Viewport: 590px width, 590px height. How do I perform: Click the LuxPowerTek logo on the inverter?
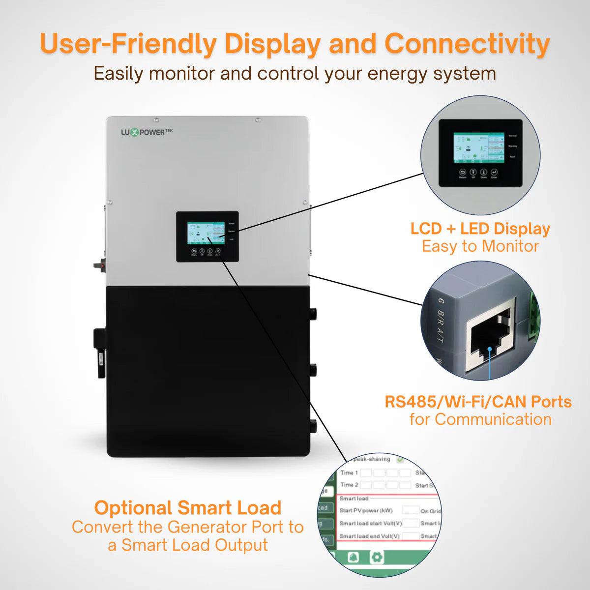pyautogui.click(x=147, y=132)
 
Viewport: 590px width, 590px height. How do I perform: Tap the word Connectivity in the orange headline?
pyautogui.click(x=467, y=44)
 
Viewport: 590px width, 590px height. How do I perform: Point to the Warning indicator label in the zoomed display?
pyautogui.click(x=512, y=146)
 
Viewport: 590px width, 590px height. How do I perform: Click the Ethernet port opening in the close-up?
pyautogui.click(x=489, y=339)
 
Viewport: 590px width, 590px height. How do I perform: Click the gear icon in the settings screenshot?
pyautogui.click(x=377, y=557)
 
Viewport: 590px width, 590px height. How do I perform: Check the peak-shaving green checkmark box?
pyautogui.click(x=400, y=460)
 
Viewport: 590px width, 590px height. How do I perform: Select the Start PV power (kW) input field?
pyautogui.click(x=411, y=510)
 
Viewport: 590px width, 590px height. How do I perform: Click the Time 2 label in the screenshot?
pyautogui.click(x=349, y=485)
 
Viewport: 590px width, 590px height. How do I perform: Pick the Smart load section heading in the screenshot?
pyautogui.click(x=354, y=498)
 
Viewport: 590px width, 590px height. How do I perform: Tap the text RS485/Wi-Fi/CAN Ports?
pyautogui.click(x=478, y=402)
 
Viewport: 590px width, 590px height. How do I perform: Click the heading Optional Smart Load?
pyautogui.click(x=188, y=508)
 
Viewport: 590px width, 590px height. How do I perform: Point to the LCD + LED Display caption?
pyautogui.click(x=480, y=229)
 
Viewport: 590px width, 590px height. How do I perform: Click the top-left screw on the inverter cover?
pyautogui.click(x=156, y=120)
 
